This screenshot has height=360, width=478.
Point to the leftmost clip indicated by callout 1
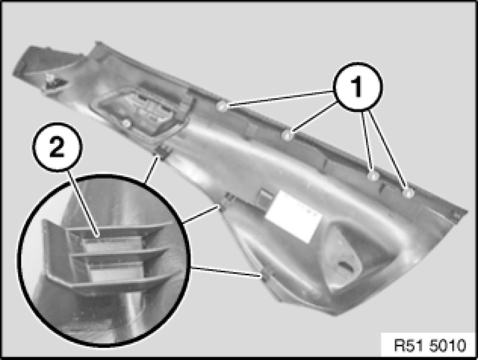tap(222, 107)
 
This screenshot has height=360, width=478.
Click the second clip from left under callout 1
tap(287, 135)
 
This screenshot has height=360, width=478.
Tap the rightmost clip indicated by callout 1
tap(408, 193)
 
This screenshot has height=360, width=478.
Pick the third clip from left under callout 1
tap(373, 176)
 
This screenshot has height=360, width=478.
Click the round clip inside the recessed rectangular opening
tap(127, 123)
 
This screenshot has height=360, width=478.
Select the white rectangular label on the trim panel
tap(293, 216)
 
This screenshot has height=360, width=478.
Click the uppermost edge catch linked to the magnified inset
tap(164, 151)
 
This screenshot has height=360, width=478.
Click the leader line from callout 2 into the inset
tap(84, 203)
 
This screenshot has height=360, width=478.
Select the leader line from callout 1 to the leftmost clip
tap(280, 98)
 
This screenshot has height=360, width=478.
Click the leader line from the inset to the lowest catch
tap(227, 272)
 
